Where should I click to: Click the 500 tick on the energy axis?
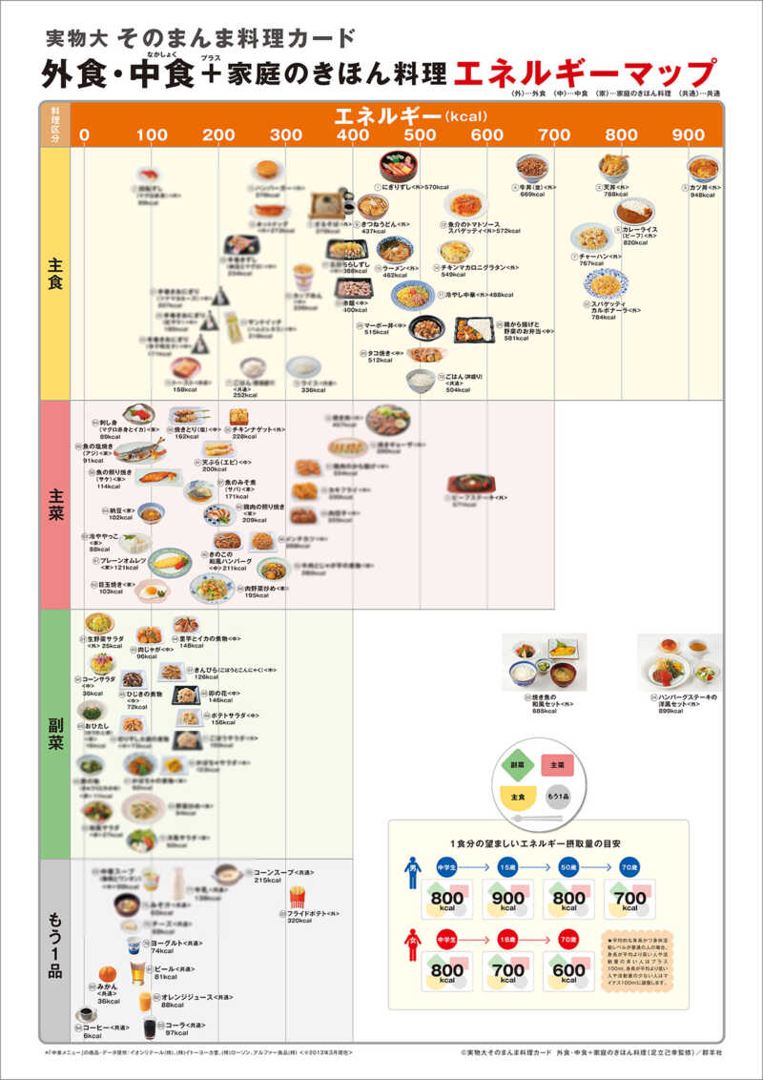point(420,135)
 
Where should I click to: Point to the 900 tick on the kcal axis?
point(689,135)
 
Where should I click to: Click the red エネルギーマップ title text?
point(585,74)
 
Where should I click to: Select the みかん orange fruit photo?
point(107,974)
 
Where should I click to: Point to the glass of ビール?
point(135,973)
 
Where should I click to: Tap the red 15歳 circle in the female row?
point(507,938)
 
